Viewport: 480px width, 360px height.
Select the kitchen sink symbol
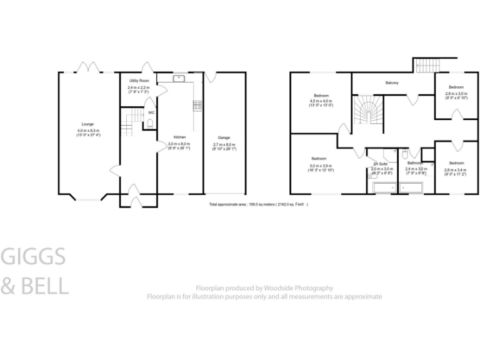click(x=177, y=78)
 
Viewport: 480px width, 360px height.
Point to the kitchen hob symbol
click(x=197, y=105)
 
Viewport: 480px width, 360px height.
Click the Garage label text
click(x=223, y=137)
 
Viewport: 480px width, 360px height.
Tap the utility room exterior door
click(x=147, y=67)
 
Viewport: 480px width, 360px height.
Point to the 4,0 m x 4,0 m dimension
click(x=321, y=101)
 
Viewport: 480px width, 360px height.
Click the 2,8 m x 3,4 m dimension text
click(x=456, y=171)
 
